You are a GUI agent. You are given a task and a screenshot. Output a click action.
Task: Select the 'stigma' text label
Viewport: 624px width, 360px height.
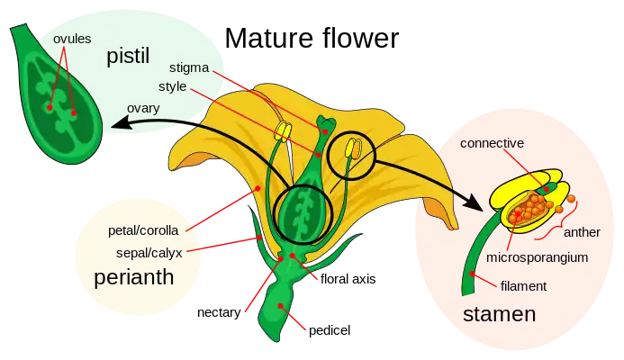coord(189,67)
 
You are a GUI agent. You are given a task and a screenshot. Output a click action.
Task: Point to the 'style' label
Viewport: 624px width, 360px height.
coord(185,86)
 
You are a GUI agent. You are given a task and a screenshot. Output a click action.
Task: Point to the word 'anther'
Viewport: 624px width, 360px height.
coord(581,231)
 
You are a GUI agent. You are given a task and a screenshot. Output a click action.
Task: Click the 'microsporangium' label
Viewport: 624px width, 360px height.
coord(537,257)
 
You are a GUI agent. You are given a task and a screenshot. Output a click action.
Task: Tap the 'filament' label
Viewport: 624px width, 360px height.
coord(523,286)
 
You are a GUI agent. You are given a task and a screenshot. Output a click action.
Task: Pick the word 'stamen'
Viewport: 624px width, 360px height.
coord(499,315)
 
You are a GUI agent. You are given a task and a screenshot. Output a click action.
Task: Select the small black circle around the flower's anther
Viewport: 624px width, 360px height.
coord(350,154)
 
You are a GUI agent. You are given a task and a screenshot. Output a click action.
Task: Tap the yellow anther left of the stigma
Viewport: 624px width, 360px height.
coord(283,133)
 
